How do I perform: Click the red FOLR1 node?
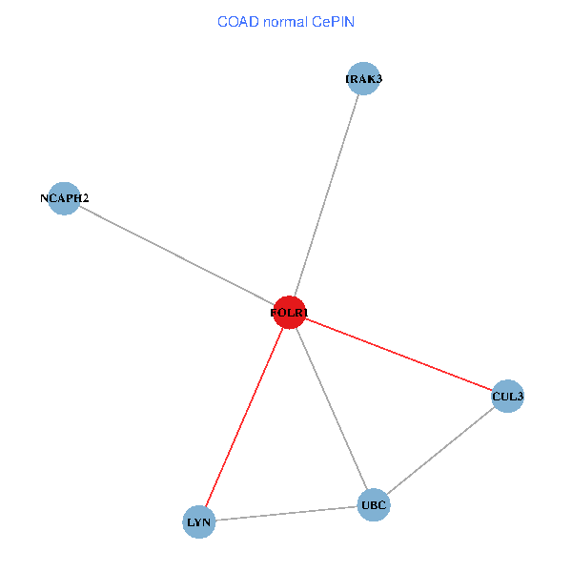289,312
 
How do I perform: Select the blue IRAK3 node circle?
364,79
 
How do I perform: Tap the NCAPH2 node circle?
64,198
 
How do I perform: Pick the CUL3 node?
508,396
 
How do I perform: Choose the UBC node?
374,505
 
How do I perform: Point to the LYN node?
199,521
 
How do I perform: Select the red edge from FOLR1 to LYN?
244,417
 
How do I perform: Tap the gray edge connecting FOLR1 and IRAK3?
327,195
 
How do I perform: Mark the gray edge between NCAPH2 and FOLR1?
176,255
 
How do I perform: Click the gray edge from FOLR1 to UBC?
331,408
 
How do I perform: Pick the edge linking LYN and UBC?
286,514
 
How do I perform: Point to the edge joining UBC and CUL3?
440,451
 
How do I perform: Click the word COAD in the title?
236,21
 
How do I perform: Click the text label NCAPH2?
64,198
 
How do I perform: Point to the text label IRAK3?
364,79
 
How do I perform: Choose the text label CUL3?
508,396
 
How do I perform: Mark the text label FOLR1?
289,312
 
